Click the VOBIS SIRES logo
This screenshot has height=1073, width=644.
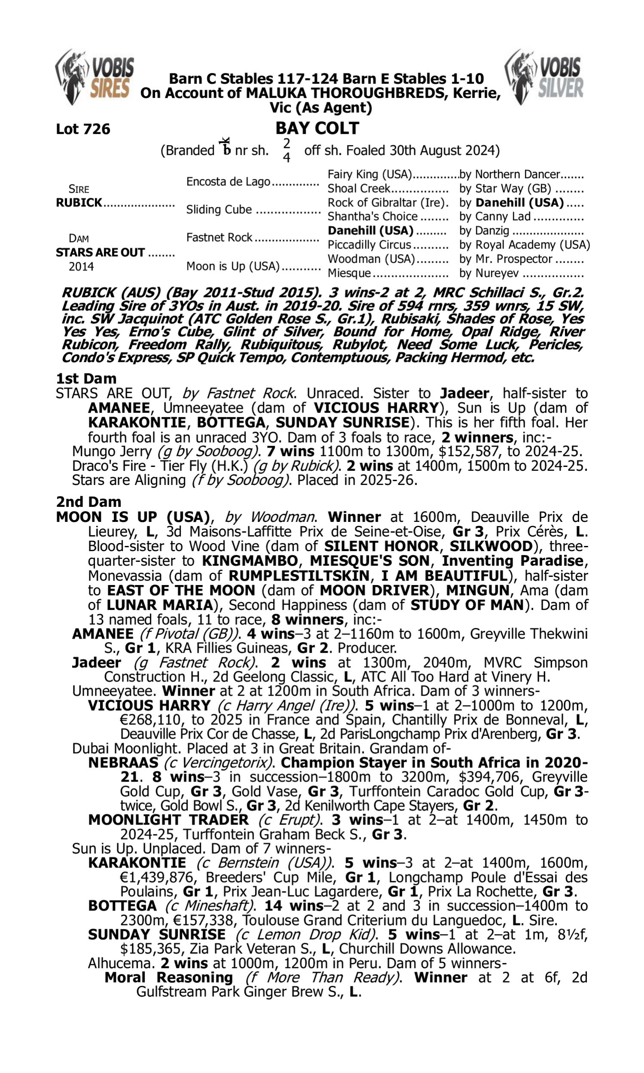click(x=94, y=77)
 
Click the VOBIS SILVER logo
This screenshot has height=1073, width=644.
click(x=544, y=77)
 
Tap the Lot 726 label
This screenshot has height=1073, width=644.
click(x=83, y=129)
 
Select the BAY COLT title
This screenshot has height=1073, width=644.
click(x=317, y=128)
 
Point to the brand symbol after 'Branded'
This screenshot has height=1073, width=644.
click(x=225, y=147)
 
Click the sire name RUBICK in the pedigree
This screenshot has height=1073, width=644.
click(x=79, y=203)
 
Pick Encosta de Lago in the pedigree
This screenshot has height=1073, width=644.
click(x=228, y=181)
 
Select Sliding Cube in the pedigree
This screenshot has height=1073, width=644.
click(x=219, y=209)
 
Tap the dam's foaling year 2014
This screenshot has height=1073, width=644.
click(x=81, y=266)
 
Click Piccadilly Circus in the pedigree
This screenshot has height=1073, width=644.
click(x=369, y=245)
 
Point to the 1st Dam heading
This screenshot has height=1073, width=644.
click(x=86, y=379)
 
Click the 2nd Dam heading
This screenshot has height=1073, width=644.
click(x=88, y=502)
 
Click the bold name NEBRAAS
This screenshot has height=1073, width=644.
click(x=123, y=762)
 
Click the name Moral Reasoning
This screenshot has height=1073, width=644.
click(x=168, y=978)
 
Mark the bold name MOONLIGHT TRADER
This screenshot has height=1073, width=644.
click(x=168, y=820)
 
